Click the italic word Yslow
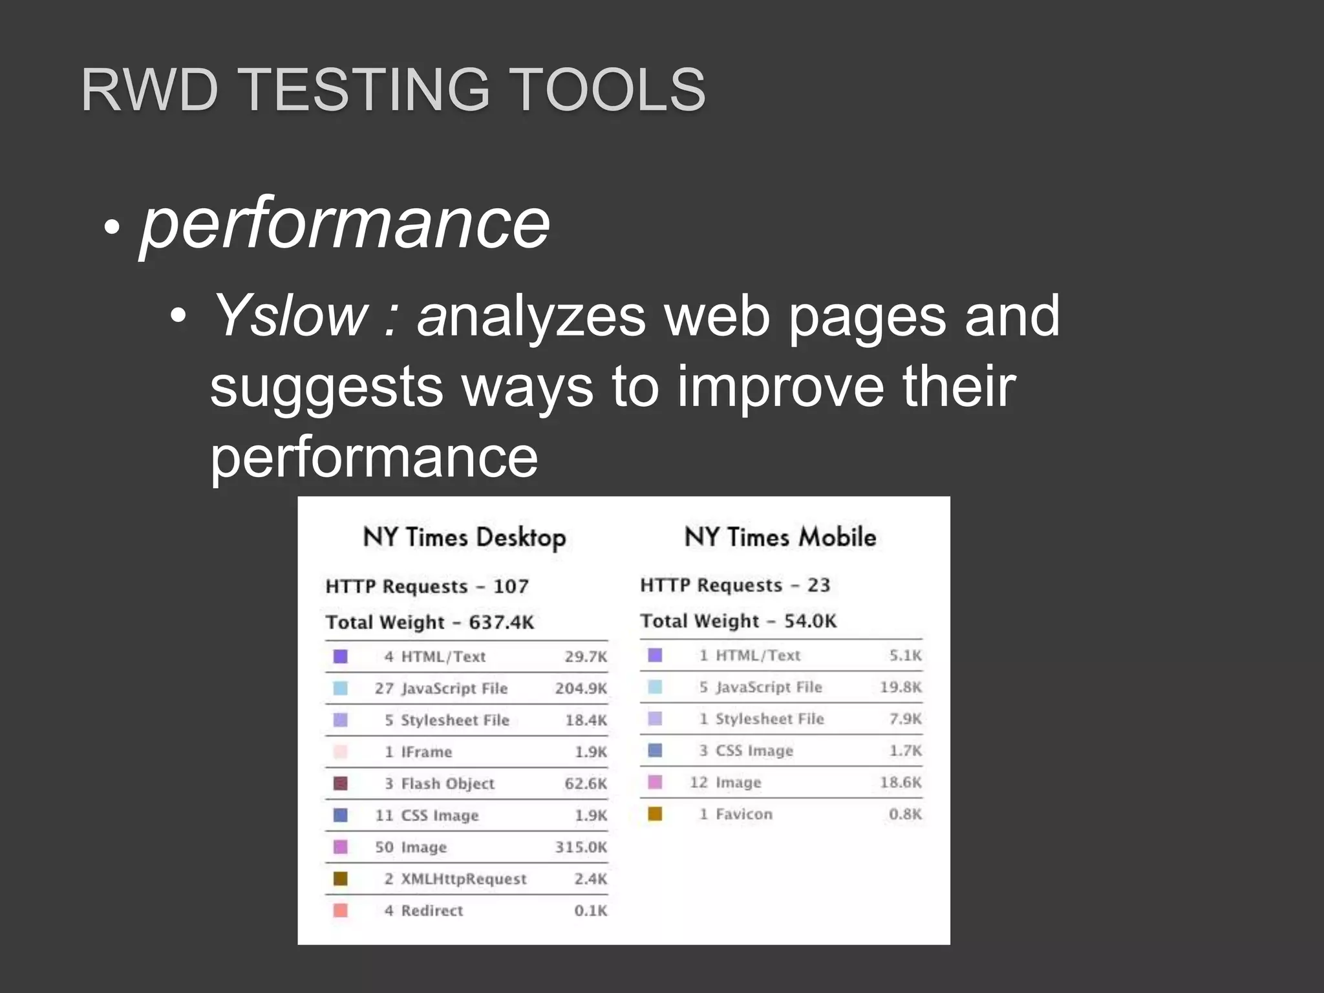[290, 316]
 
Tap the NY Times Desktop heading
[464, 537]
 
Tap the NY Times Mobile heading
[780, 537]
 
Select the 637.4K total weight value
[501, 623]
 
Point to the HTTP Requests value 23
[818, 585]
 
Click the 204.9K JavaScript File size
[581, 689]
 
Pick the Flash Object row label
[447, 784]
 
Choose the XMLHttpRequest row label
[464, 879]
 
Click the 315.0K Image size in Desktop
[581, 847]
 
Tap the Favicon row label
[743, 814]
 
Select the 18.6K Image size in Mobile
[900, 782]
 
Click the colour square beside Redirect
[340, 910]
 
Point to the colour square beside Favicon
[655, 814]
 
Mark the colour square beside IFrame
[340, 752]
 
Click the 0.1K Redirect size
[590, 910]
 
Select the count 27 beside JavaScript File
[384, 689]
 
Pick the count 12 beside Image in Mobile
[699, 782]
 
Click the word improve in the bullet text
[780, 387]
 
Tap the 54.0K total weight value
[810, 621]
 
